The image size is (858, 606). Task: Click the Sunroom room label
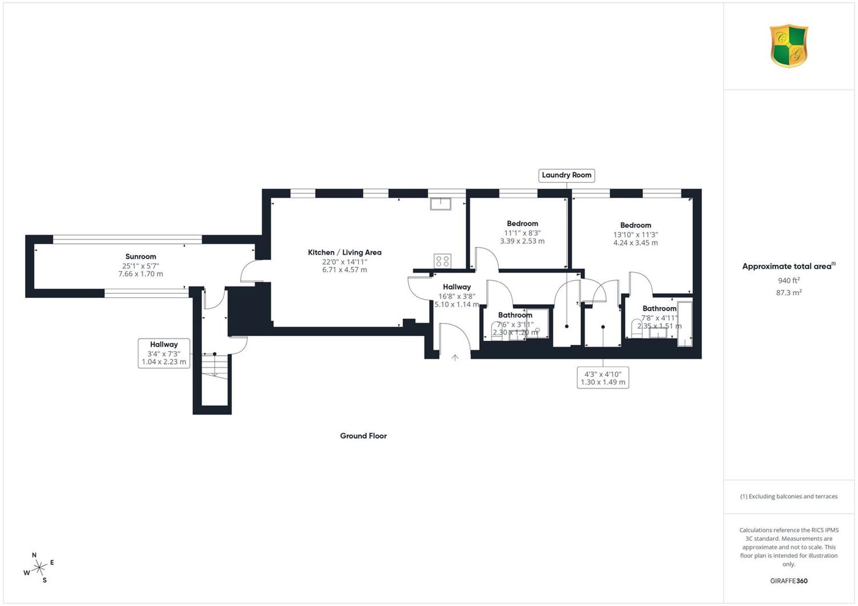141,257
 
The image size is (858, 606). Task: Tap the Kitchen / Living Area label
344,252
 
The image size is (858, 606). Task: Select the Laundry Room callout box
566,176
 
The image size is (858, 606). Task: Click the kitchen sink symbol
440,204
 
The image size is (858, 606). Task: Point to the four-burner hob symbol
442,261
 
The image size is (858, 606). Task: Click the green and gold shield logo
789,46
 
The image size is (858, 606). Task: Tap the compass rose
39,567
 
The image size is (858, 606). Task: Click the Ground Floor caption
363,436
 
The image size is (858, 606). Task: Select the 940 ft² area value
789,280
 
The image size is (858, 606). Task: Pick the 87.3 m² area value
789,293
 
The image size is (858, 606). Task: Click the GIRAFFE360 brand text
789,581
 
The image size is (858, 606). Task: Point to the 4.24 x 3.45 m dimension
635,243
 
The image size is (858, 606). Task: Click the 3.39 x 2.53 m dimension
522,241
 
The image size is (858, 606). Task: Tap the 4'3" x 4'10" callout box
603,378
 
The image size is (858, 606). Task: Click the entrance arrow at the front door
455,358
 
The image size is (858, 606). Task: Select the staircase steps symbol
214,366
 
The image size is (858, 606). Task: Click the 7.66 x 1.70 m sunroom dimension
141,274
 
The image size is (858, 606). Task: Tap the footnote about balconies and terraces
789,496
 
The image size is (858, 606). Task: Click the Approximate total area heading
789,266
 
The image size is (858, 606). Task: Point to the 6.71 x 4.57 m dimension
344,270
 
